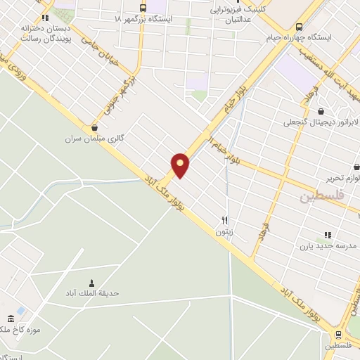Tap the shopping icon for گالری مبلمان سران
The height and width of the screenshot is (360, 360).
pos(94,127)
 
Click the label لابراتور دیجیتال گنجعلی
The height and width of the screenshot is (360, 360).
pos(321,122)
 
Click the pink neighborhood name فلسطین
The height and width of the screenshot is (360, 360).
pos(323,197)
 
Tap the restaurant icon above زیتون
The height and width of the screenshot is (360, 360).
pos(225,219)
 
